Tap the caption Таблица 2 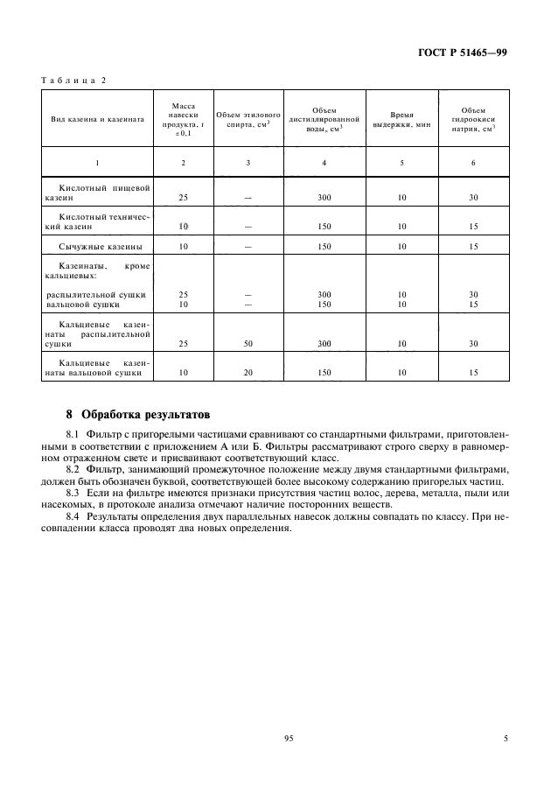(x=73, y=81)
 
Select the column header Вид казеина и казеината (x=97, y=118)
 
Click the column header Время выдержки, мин (x=401, y=118)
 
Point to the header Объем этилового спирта (x=248, y=118)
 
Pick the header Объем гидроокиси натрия (x=473, y=118)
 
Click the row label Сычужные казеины (x=101, y=247)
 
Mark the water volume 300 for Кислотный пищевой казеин (x=324, y=198)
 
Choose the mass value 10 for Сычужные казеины (x=184, y=247)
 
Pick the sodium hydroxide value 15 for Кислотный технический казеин (x=473, y=226)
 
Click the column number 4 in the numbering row (x=324, y=163)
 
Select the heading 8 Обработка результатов (x=138, y=412)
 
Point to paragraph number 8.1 (x=73, y=433)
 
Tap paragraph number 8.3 (x=73, y=494)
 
